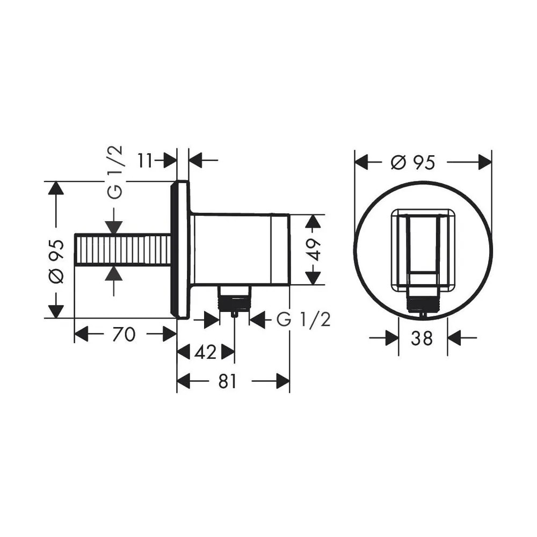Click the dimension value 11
point(144,160)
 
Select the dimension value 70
point(124,334)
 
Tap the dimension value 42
point(206,352)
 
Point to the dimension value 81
point(227,381)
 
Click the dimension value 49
point(314,250)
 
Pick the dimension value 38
point(422,338)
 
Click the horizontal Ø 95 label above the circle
point(412,162)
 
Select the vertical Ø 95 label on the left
point(56,262)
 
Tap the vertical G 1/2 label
point(115,172)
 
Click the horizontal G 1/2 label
point(303,320)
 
